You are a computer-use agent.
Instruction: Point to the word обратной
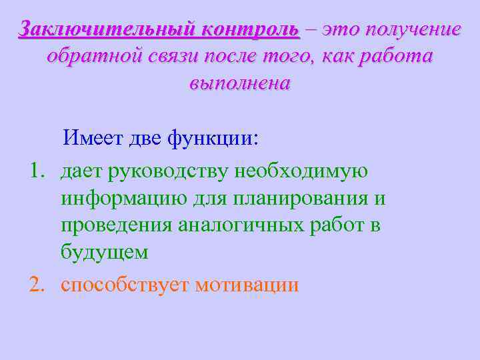coord(94,57)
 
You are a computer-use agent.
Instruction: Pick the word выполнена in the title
coord(240,85)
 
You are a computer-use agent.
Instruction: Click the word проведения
coord(116,225)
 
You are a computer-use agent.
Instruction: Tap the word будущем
coord(104,253)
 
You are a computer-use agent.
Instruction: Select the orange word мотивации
coord(247,285)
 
